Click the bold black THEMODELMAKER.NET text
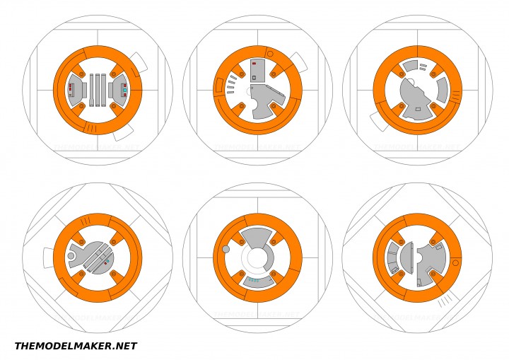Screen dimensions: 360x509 point(76,346)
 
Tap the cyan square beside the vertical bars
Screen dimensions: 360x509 point(124,91)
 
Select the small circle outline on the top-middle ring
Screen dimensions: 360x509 point(269,54)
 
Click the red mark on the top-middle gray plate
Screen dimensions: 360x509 point(254,64)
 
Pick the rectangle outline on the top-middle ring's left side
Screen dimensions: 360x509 point(218,86)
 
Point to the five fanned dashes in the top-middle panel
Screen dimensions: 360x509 point(232,84)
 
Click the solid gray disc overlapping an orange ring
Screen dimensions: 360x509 point(226,249)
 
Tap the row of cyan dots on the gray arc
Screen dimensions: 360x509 point(254,280)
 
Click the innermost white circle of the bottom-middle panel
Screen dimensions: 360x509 point(257,257)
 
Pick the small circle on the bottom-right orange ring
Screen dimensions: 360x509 point(455,263)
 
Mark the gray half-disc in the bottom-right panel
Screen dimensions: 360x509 point(407,257)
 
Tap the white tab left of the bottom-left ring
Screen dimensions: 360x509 point(47,257)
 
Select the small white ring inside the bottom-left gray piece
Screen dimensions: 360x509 point(71,255)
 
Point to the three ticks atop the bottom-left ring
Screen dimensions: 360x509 point(85,221)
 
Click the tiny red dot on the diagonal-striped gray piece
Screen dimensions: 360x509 point(106,262)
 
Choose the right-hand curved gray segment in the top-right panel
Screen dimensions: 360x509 point(442,90)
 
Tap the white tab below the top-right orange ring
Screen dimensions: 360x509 point(380,121)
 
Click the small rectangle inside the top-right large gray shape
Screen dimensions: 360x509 point(418,109)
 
